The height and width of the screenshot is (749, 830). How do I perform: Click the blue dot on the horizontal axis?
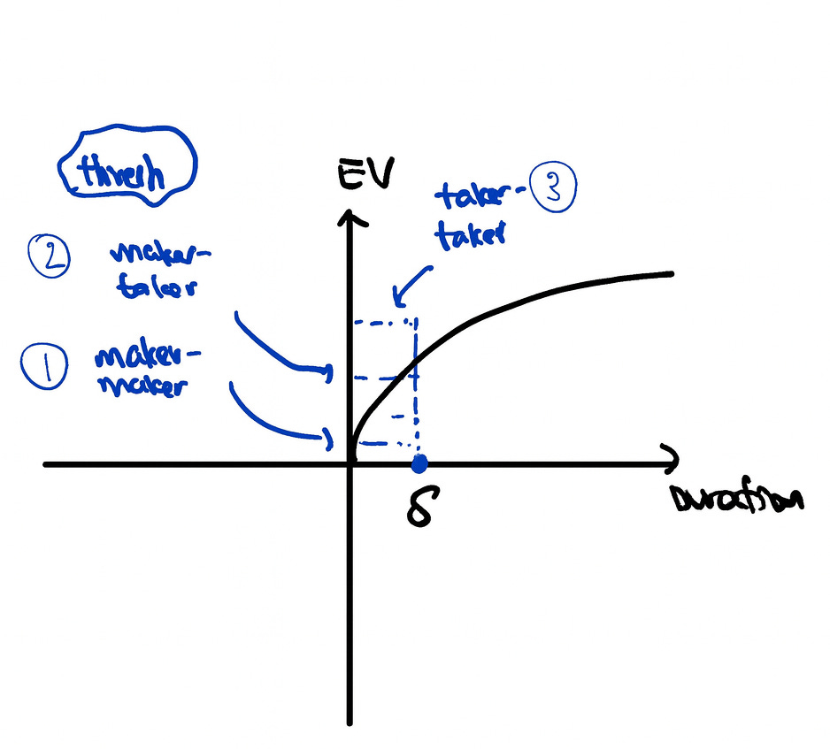(x=419, y=462)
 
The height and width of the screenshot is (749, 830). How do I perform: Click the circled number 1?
(x=42, y=370)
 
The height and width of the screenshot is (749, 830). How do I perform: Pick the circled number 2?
(x=49, y=256)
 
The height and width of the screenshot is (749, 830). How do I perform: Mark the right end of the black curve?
(x=673, y=275)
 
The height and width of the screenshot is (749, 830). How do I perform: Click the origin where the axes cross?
(x=350, y=463)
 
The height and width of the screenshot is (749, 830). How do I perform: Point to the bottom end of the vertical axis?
(x=350, y=720)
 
